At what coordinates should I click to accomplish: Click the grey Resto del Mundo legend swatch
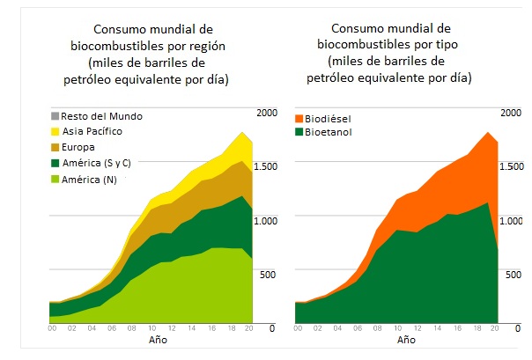pos(55,116)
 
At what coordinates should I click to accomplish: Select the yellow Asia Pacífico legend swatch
pos(55,131)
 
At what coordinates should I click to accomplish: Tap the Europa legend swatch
pos(55,146)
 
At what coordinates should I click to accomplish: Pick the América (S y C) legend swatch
pos(55,163)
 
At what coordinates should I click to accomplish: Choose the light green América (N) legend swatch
pos(55,179)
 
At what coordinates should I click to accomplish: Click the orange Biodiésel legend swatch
pos(299,117)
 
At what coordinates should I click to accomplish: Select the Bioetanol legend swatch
pos(299,133)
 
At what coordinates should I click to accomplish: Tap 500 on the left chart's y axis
pos(267,275)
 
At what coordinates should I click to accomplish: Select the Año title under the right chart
pos(406,340)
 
